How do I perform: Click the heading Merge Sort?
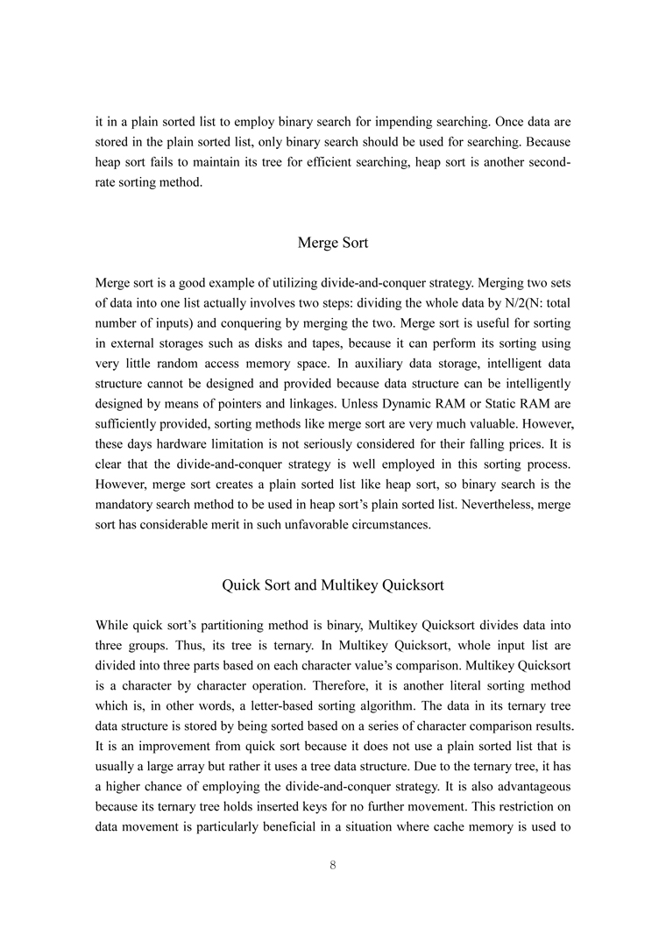coord(333,242)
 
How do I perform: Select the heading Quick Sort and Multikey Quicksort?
coord(333,584)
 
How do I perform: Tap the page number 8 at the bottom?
coord(333,865)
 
